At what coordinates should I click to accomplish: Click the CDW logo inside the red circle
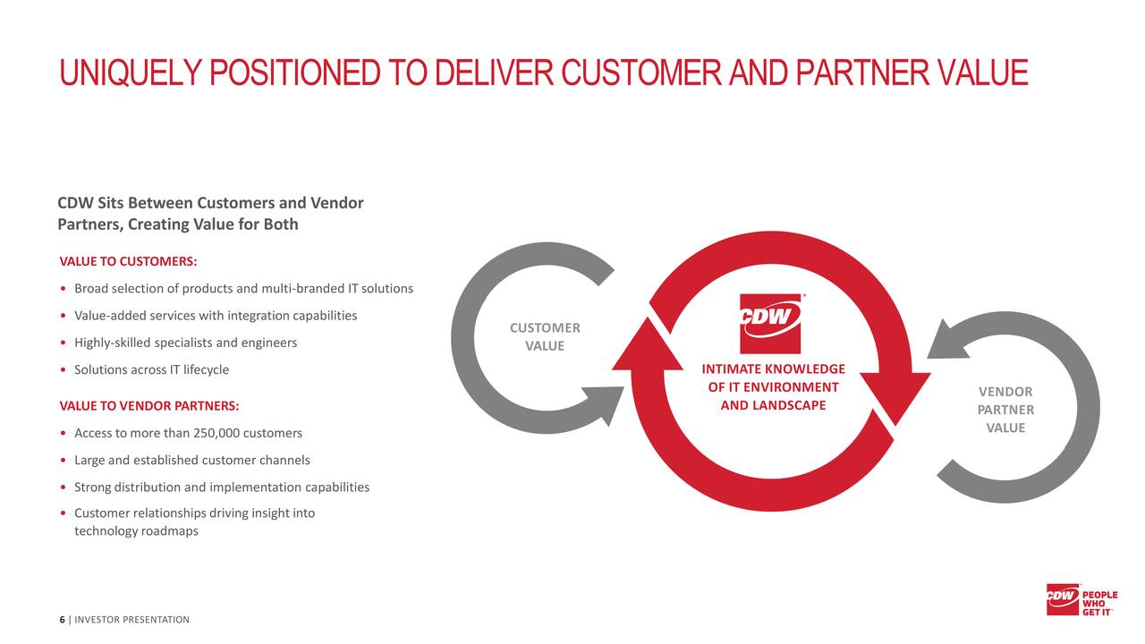pyautogui.click(x=770, y=323)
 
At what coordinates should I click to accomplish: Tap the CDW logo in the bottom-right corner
pyautogui.click(x=1063, y=598)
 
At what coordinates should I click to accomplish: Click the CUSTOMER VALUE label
pyautogui.click(x=545, y=336)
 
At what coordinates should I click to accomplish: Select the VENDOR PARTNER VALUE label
pyautogui.click(x=1005, y=410)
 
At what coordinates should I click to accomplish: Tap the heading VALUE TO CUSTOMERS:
pyautogui.click(x=128, y=261)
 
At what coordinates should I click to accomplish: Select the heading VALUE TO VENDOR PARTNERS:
pyautogui.click(x=148, y=406)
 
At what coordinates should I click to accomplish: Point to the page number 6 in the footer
pyautogui.click(x=62, y=620)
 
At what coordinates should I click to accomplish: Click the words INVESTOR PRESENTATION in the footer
pyautogui.click(x=131, y=620)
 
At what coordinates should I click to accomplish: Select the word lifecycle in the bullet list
pyautogui.click(x=206, y=369)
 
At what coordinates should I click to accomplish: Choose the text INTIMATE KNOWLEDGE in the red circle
pyautogui.click(x=773, y=369)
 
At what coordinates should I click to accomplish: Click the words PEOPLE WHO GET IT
pyautogui.click(x=1099, y=602)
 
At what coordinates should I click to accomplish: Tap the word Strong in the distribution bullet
pyautogui.click(x=92, y=487)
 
